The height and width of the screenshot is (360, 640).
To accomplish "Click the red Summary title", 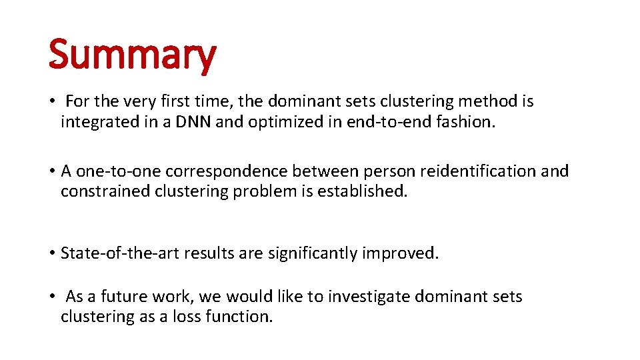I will point(132,55).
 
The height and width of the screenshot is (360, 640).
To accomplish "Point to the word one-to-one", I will point(117,171).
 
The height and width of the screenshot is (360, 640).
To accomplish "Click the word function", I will point(243,317).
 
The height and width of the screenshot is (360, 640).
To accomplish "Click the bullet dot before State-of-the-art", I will point(51,254).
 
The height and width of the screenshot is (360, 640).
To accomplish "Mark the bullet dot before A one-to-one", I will point(51,172).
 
